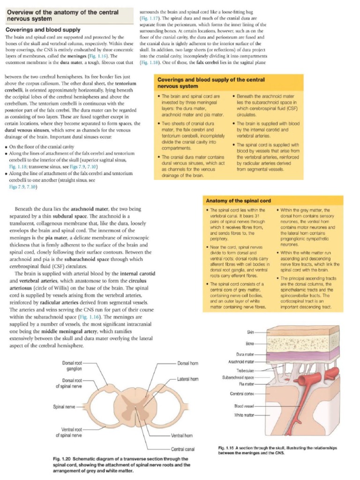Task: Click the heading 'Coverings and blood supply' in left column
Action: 43,30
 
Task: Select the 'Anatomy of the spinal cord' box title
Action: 239,201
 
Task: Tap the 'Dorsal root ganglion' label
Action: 72,366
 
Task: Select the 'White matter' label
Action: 244,415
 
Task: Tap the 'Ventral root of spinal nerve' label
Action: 69,432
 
